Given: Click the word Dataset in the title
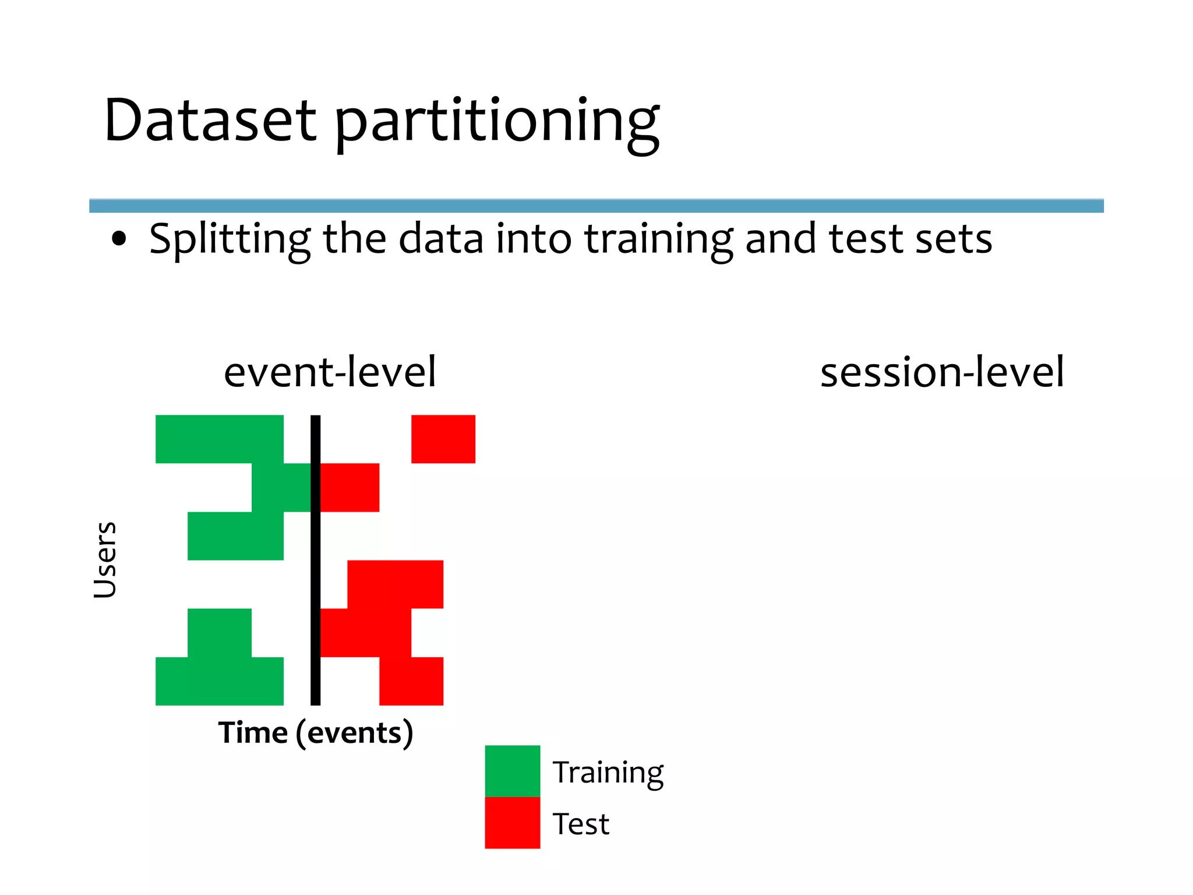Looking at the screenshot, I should coord(210,121).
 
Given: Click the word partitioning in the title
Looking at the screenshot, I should coord(497,122).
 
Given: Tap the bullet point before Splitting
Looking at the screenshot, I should coord(119,239).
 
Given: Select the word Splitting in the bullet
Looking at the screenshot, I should coord(230,239).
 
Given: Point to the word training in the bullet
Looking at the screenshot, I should coord(658,239).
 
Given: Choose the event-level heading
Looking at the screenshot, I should coord(330,372).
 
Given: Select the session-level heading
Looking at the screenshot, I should coord(942,372).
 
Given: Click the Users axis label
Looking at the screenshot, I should coord(105,559).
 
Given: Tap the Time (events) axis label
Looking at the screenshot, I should coord(316,732).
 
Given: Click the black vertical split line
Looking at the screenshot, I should coord(315,559).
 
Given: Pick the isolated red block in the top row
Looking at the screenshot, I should coord(443,439).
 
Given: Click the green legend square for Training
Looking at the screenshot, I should coord(512,770).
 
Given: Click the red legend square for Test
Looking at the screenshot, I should coord(512,822).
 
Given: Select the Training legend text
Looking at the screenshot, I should coord(608,773).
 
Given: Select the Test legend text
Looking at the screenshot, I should coord(581,824).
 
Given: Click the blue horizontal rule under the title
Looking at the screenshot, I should coord(596,206).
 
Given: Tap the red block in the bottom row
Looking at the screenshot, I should coord(411,681).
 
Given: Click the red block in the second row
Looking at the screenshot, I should coord(350,487).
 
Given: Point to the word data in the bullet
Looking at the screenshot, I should coord(440,239).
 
